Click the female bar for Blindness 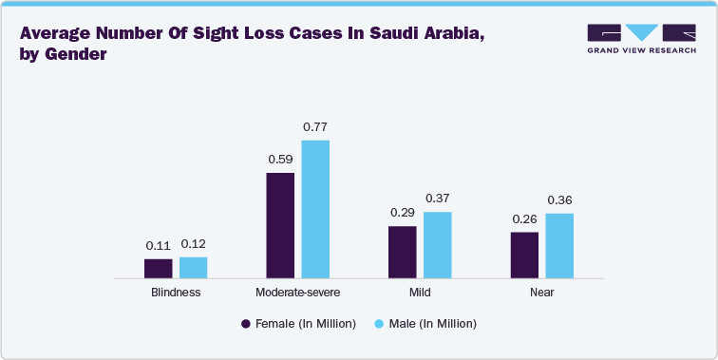pos(159,268)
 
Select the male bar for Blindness pos(193,267)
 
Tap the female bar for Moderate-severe pos(280,225)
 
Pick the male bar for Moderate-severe pos(315,209)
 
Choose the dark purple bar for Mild pos(403,252)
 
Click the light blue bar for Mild pos(437,245)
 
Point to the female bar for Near pos(524,255)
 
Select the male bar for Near pos(559,245)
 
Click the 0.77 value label pos(315,127)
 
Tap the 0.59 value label pos(280,160)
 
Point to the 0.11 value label pos(159,245)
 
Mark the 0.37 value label pos(437,199)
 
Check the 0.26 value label pos(524,218)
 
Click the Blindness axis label pos(176,293)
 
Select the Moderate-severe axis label pos(297,293)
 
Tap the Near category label pos(541,293)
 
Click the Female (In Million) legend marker pos(246,324)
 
